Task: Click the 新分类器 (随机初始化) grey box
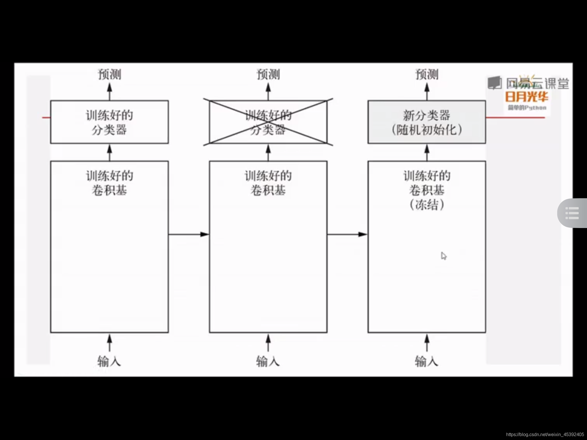(x=426, y=122)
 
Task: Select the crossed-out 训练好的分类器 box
(x=268, y=122)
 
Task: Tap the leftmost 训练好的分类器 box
(x=109, y=122)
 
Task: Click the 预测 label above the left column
(x=109, y=74)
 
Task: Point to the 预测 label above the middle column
(x=268, y=74)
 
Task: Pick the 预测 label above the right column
(x=427, y=74)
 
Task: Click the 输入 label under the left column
(x=109, y=361)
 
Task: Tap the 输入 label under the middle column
(x=268, y=361)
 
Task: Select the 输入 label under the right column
(x=426, y=361)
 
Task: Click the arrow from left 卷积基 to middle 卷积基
(x=189, y=234)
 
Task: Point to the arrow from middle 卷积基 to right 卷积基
(x=347, y=234)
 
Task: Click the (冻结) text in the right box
(x=427, y=205)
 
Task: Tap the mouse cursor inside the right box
(x=443, y=255)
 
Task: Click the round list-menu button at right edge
(x=572, y=213)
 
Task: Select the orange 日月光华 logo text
(x=527, y=97)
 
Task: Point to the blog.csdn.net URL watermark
(x=545, y=435)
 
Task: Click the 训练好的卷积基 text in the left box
(x=109, y=183)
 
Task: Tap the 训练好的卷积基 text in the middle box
(x=268, y=183)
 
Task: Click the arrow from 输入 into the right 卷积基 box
(x=427, y=343)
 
